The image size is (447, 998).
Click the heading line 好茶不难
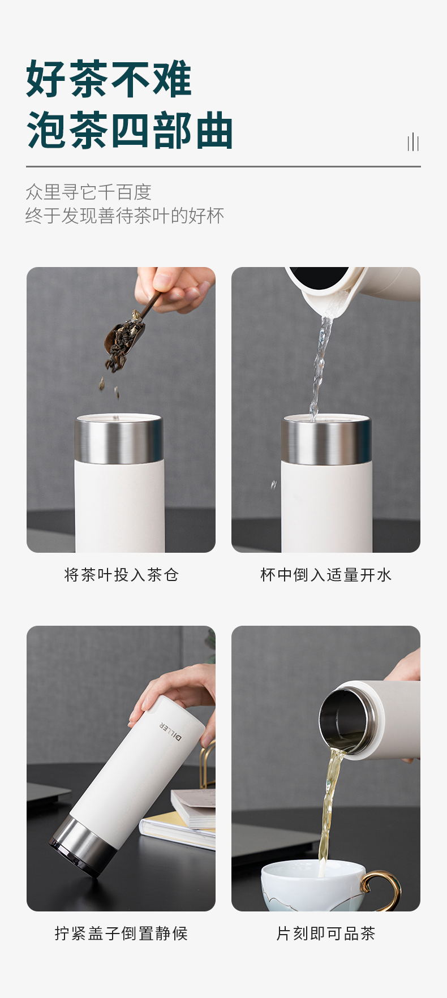[109, 79]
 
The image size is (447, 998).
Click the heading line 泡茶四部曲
[130, 130]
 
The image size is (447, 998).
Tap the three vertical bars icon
[413, 141]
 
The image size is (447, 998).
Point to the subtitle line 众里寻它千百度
[89, 192]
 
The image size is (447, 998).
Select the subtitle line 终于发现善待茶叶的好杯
[125, 216]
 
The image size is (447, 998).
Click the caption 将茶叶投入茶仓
[121, 575]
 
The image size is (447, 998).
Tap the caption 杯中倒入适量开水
[326, 575]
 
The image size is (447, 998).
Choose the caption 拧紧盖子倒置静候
[121, 934]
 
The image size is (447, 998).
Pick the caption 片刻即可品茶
[326, 934]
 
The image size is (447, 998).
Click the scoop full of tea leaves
[124, 339]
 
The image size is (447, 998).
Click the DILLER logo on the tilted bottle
[171, 730]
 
